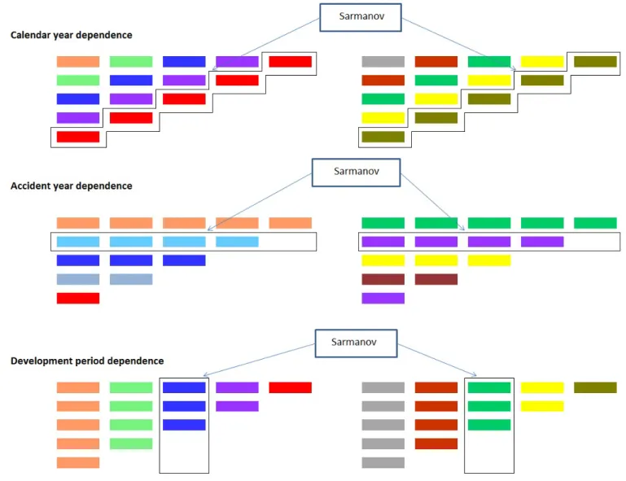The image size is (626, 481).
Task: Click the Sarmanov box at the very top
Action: point(361,18)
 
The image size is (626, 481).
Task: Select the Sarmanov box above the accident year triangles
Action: point(356,173)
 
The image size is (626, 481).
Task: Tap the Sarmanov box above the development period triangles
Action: point(356,343)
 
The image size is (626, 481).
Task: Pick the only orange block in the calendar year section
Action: point(78,62)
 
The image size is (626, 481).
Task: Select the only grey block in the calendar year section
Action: point(383,62)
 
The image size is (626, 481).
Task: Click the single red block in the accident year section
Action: point(78,298)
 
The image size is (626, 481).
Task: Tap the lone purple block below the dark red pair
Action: point(383,298)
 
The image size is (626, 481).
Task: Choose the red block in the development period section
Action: point(291,387)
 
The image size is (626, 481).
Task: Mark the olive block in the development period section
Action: point(595,387)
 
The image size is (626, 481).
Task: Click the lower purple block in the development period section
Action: point(237,406)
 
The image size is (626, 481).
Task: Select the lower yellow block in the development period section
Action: point(542,406)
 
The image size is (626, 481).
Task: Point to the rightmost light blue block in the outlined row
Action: point(237,242)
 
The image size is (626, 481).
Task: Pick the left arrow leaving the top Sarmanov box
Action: point(266,44)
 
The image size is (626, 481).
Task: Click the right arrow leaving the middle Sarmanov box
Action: point(433,202)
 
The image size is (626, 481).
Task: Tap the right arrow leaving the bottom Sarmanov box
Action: point(437,360)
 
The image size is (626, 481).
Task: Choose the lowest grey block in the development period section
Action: point(383,462)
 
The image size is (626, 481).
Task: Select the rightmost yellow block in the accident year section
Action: point(489,260)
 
